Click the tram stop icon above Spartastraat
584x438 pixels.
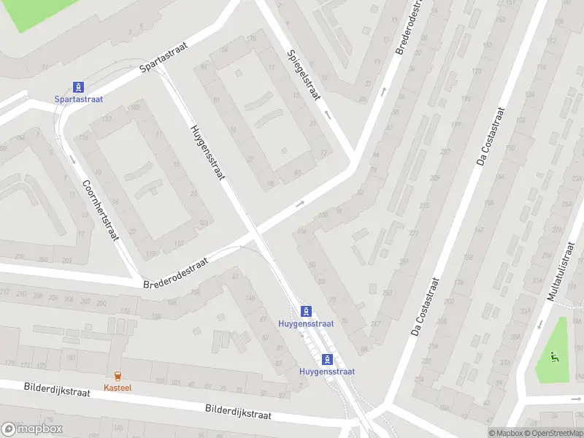tap(78, 87)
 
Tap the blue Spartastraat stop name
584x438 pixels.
tap(78, 99)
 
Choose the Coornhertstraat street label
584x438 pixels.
tap(100, 211)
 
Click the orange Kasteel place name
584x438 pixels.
tap(117, 388)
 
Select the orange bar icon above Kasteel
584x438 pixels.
tap(117, 375)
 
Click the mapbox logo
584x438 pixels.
tap(31, 429)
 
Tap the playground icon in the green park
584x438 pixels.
tap(553, 358)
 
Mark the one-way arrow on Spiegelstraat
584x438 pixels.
tap(327, 115)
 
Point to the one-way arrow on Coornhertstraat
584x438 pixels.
tap(72, 158)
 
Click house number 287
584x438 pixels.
tap(376, 323)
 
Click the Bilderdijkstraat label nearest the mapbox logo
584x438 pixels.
tap(57, 392)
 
